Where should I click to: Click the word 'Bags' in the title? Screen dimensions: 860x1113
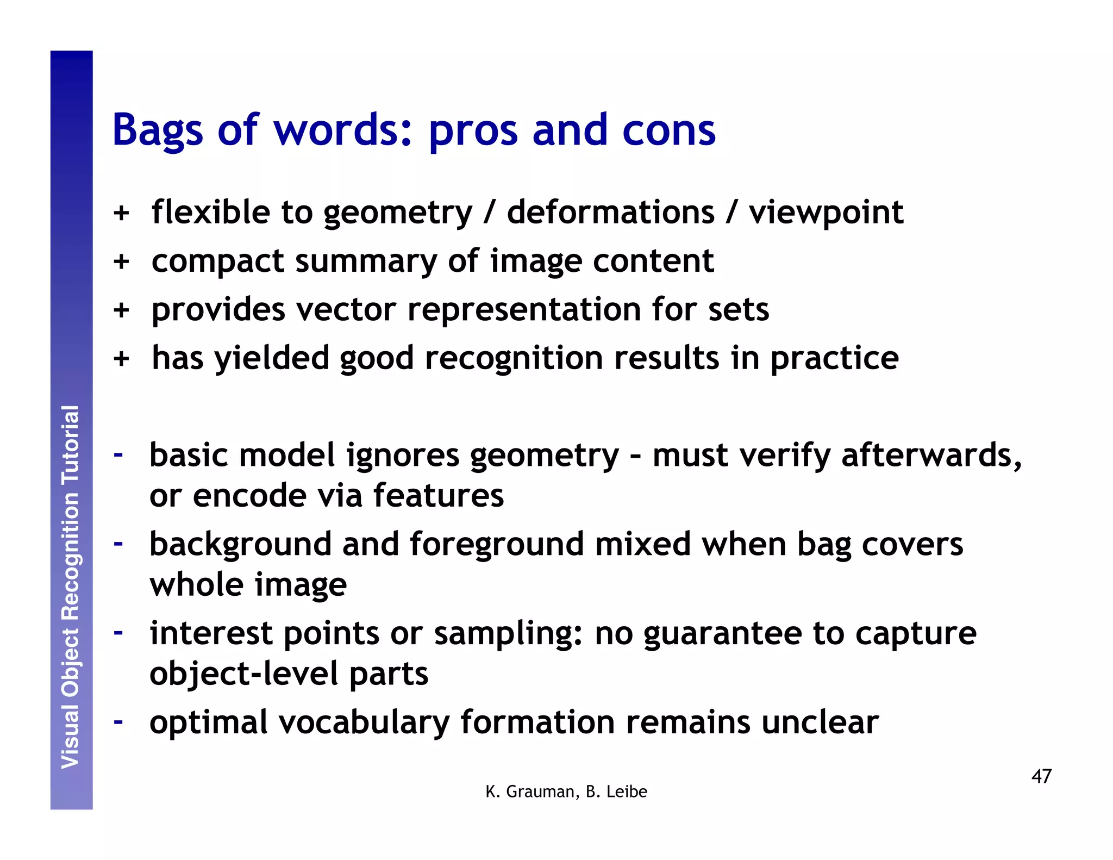(158, 130)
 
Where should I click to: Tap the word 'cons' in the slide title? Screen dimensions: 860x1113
(668, 130)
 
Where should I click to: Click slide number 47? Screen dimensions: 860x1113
(1041, 776)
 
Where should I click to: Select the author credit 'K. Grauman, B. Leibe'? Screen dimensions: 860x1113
(566, 792)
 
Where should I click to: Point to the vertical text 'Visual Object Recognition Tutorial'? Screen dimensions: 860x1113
(71, 587)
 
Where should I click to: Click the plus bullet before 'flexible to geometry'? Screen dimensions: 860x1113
(121, 213)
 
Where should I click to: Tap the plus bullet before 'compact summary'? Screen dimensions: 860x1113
(121, 261)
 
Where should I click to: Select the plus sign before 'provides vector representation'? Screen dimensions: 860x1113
(121, 310)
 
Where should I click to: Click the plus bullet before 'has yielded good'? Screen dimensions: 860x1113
(121, 359)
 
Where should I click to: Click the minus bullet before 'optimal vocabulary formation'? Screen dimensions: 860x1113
(118, 721)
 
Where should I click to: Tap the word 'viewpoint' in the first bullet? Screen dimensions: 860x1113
(826, 213)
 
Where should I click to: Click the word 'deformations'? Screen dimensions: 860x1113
(610, 213)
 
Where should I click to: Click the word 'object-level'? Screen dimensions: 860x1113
(244, 674)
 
